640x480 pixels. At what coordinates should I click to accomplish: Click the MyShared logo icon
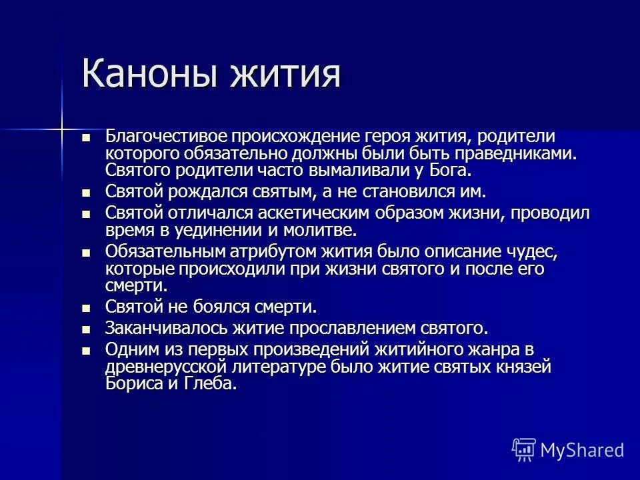coord(523,449)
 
